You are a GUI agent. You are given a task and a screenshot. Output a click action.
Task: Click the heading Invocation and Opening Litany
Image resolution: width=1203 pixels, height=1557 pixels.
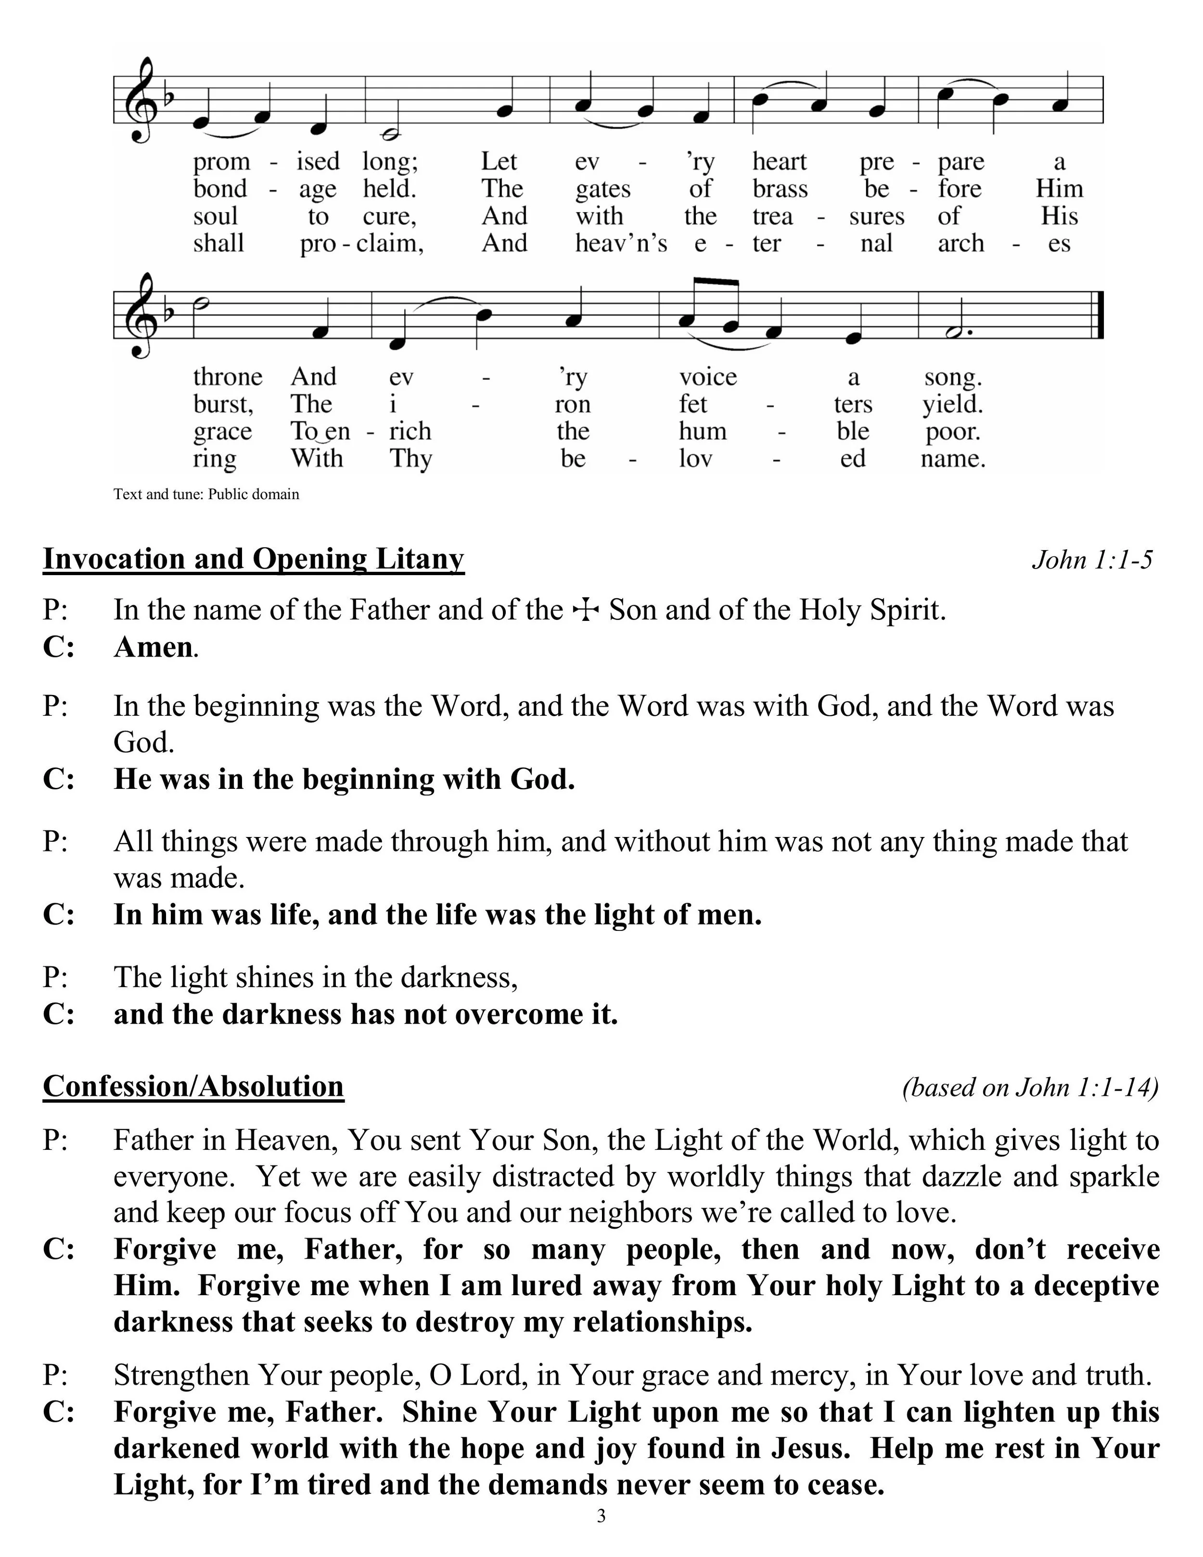click(253, 559)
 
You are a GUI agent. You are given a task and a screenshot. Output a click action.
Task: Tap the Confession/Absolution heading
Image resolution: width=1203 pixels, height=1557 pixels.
click(193, 1086)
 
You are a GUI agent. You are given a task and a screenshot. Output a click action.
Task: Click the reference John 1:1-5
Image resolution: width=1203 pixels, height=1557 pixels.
click(1091, 560)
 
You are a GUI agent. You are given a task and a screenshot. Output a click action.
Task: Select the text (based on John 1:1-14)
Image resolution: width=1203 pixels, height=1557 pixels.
click(1030, 1087)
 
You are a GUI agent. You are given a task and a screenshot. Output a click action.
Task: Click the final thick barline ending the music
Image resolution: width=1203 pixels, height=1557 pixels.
click(1099, 314)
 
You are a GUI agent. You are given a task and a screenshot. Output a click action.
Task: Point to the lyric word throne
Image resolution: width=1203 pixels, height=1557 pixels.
click(227, 376)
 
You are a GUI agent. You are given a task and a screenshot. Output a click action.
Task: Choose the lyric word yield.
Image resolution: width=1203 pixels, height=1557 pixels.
click(952, 404)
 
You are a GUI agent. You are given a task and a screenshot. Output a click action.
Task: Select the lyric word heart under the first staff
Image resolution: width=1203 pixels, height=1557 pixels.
click(779, 162)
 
